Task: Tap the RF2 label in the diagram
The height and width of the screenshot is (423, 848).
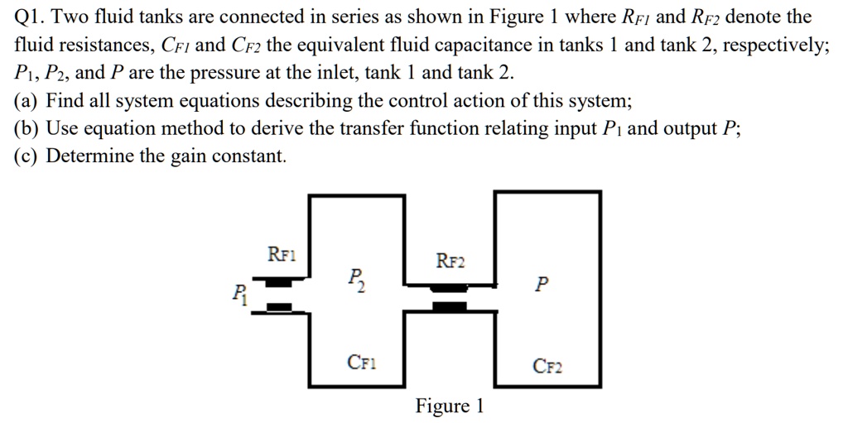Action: point(450,262)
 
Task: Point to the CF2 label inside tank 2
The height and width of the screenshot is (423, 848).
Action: point(547,365)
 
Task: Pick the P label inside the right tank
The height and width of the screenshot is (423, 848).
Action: point(541,285)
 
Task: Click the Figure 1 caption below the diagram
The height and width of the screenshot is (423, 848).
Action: point(449,406)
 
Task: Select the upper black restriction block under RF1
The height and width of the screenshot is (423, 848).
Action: point(280,282)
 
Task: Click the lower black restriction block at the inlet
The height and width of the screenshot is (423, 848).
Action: point(280,308)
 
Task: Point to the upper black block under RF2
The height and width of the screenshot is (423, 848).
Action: point(450,288)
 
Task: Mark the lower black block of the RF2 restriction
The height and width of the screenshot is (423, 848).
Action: point(450,307)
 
